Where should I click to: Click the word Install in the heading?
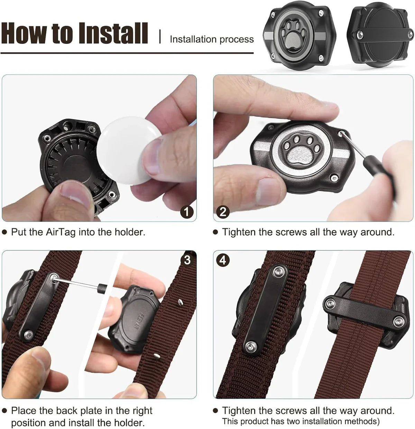[113, 34]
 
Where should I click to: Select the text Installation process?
[212, 39]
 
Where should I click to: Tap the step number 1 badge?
[187, 212]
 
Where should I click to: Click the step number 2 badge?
[223, 212]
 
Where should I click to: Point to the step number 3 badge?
[187, 260]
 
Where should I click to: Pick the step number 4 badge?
[223, 260]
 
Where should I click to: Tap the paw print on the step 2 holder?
[297, 151]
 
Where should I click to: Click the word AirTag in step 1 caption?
[61, 232]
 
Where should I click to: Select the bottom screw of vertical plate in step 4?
[250, 345]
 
